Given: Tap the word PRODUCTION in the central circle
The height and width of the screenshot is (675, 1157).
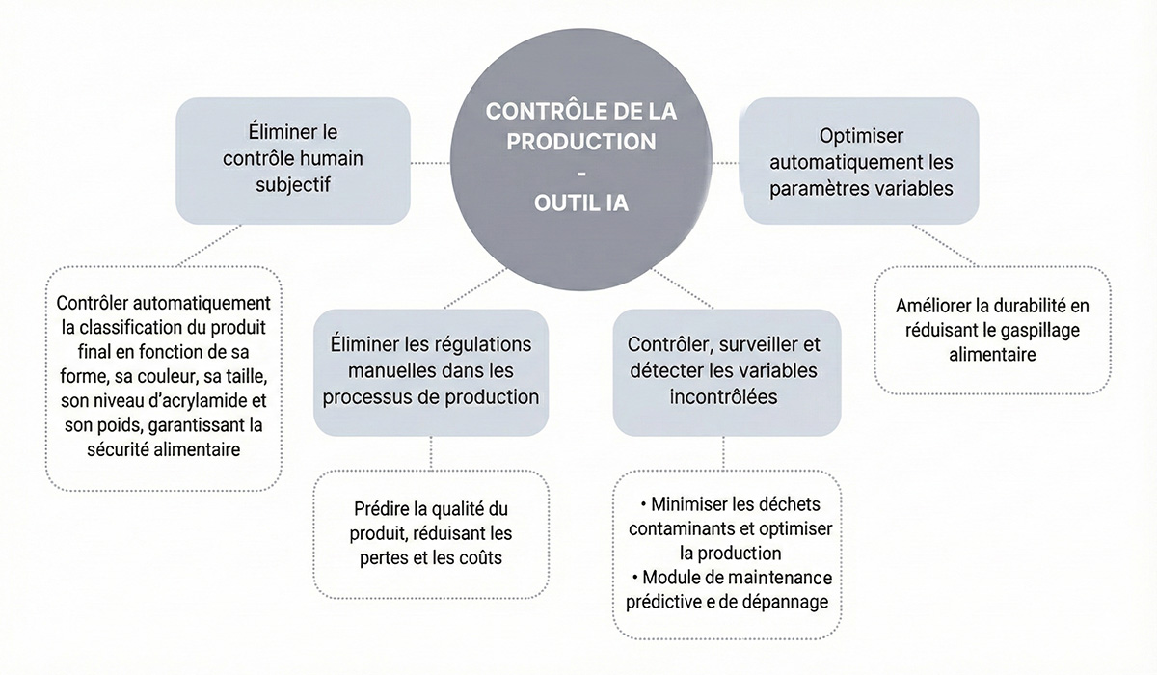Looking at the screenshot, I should click(581, 141).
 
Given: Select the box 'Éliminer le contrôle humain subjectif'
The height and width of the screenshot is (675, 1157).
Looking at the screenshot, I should click(293, 159).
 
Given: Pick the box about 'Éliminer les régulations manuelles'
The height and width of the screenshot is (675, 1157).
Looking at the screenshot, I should click(431, 370).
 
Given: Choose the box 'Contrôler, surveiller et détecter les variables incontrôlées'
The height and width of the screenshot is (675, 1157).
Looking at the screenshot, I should click(723, 370).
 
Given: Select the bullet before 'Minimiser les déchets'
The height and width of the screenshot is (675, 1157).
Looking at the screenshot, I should click(643, 505).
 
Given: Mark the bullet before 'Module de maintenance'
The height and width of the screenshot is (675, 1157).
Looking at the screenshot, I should click(636, 577).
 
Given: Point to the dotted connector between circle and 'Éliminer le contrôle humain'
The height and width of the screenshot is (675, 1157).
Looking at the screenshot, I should click(430, 163).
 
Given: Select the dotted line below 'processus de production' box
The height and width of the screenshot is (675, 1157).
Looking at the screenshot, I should click(431, 452).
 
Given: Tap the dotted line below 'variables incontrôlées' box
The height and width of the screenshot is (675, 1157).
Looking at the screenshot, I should click(723, 452).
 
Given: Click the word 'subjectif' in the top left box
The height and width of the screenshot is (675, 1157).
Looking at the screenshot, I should click(293, 183).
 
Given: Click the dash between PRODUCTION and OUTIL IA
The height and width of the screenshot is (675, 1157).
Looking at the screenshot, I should click(580, 173).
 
